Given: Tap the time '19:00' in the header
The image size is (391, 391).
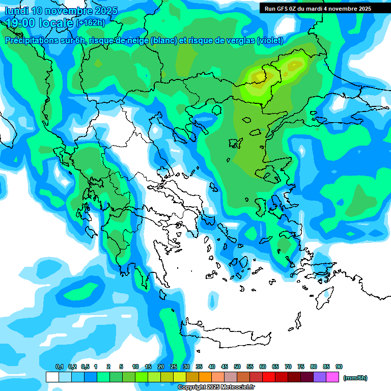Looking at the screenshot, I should [x=21, y=23].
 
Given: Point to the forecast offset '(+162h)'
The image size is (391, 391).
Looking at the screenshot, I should [x=91, y=23].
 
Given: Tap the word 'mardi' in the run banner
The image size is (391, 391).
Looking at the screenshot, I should [x=317, y=9].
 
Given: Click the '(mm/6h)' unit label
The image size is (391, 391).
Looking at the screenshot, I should [x=355, y=378].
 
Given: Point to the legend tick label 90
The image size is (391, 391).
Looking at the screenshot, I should [x=339, y=367].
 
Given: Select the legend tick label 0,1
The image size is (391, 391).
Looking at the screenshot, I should [x=59, y=367].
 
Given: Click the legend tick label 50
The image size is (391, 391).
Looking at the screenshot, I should [x=237, y=367].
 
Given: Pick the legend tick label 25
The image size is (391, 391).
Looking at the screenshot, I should [x=174, y=367].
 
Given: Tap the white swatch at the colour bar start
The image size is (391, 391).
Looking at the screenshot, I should [x=52, y=377].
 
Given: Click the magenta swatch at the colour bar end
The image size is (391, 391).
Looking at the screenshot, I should [x=332, y=377].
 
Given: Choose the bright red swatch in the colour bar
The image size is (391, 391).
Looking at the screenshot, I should [x=269, y=377].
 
